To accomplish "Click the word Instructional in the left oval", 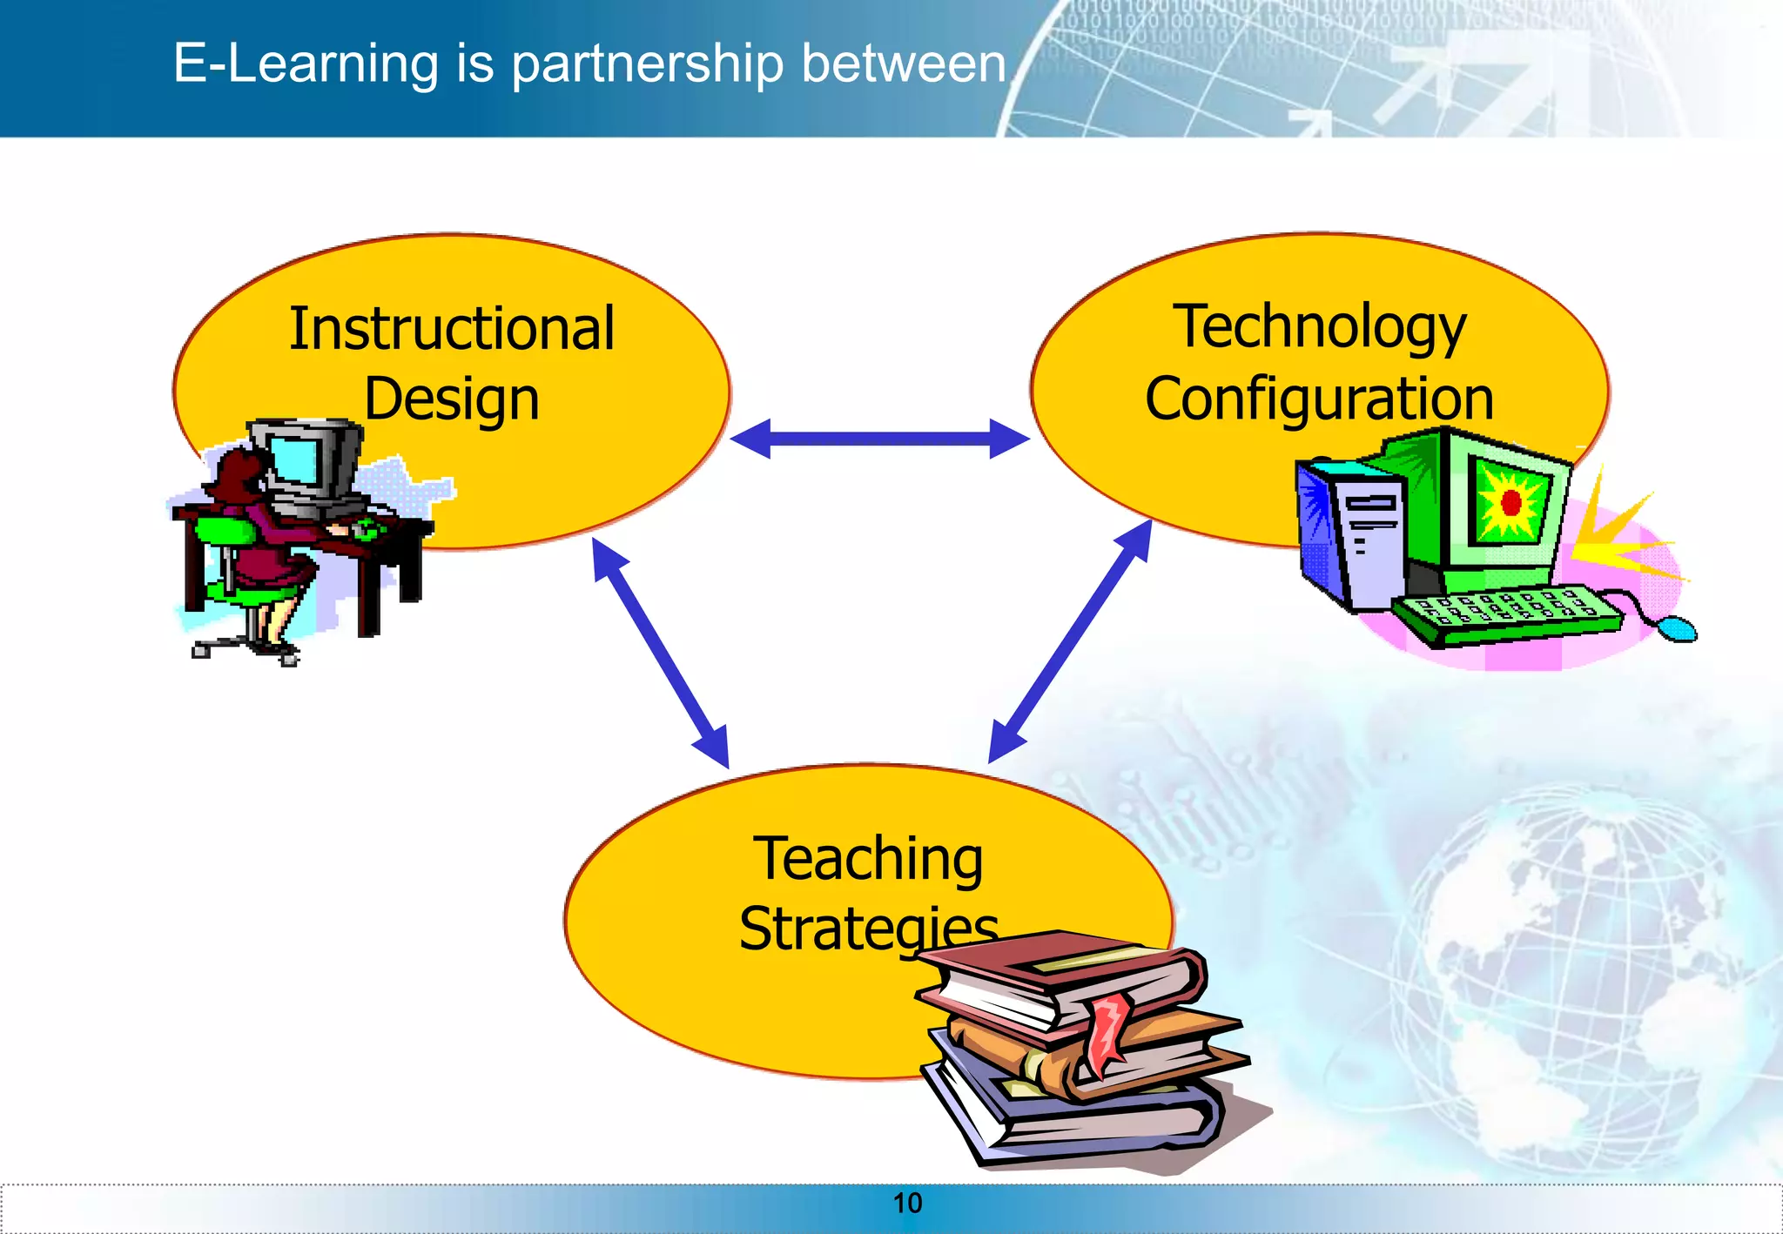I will tap(452, 330).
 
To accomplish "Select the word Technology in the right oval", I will tap(1319, 328).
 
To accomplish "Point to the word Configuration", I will tap(1319, 399).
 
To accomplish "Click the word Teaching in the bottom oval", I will tap(868, 860).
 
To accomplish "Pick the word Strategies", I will tap(868, 929).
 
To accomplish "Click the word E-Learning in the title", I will tap(306, 64).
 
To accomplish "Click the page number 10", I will tap(907, 1204).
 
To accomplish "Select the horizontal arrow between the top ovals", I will tap(879, 439).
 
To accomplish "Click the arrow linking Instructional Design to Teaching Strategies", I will tap(660, 653).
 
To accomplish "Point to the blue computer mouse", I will tap(1676, 627).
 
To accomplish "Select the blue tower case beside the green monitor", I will tap(1349, 535).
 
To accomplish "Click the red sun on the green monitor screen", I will tap(1511, 502).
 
